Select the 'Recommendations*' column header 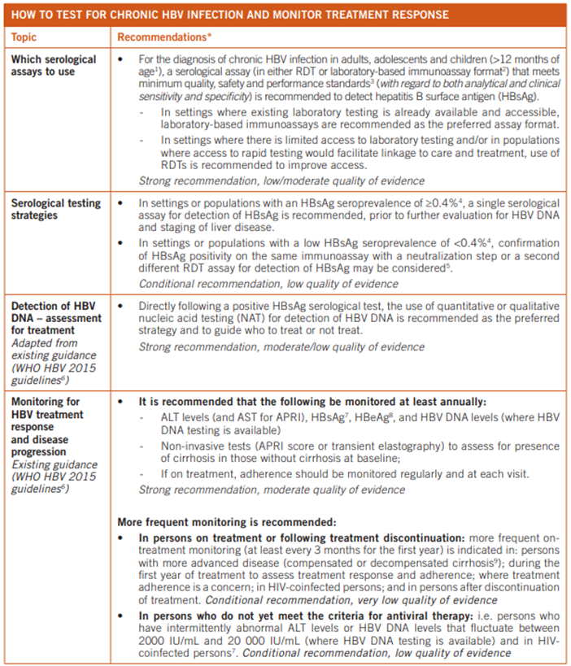tap(165, 37)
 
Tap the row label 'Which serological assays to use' tap(54, 66)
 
